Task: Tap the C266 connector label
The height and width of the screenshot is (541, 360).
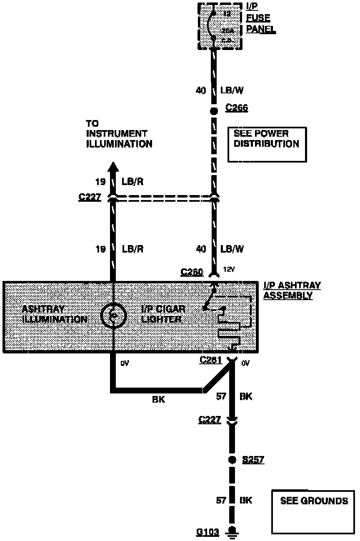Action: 237,108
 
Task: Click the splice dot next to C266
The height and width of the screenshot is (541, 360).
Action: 214,111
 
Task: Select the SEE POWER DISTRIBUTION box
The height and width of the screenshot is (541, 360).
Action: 267,144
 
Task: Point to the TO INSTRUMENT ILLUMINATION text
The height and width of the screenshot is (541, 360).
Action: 119,134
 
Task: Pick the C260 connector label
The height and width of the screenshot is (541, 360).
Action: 192,272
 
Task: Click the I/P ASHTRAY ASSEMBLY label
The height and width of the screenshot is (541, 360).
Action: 292,291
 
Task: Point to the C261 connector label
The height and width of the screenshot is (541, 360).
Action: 211,359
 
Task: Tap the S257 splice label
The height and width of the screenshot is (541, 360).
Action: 253,460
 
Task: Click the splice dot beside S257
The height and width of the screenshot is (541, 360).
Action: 232,460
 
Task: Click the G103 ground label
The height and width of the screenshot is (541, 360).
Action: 208,532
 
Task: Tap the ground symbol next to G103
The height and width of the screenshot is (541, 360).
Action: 232,532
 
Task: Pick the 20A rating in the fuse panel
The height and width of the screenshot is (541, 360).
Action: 227,30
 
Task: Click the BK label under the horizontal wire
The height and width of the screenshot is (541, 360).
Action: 159,400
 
